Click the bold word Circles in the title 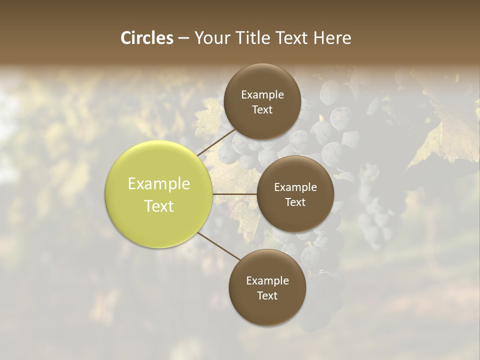tap(147, 38)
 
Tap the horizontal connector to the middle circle tap(235, 194)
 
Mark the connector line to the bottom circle tap(218, 246)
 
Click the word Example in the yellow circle tap(159, 184)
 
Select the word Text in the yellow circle tap(159, 206)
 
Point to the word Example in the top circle tap(262, 95)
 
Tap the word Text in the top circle tap(262, 110)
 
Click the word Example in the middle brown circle tap(295, 187)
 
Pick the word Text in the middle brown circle tap(295, 202)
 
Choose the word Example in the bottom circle tap(267, 281)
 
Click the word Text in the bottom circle tap(267, 296)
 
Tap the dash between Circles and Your tap(183, 38)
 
